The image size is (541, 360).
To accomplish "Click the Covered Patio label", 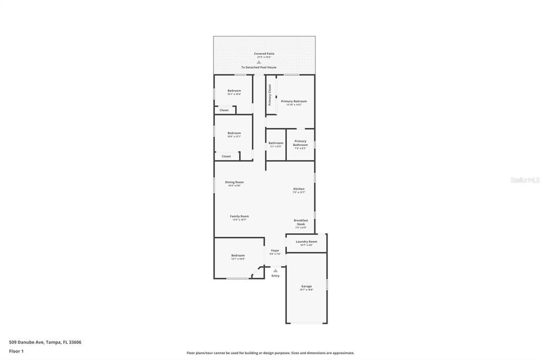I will pyautogui.click(x=264, y=53).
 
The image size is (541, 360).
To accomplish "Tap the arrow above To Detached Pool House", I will pyautogui.click(x=259, y=62).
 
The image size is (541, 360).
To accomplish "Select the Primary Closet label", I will pyautogui.click(x=270, y=95).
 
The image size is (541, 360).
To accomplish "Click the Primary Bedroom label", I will pyautogui.click(x=294, y=101).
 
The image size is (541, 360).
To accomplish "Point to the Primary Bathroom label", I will pyautogui.click(x=300, y=143).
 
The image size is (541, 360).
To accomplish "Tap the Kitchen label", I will pyautogui.click(x=299, y=189).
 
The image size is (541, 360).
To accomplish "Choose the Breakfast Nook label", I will pyautogui.click(x=301, y=222).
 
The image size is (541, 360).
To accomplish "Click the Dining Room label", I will pyautogui.click(x=235, y=182).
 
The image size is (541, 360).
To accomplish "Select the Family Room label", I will pyautogui.click(x=239, y=216).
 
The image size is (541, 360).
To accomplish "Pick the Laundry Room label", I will pyautogui.click(x=306, y=242).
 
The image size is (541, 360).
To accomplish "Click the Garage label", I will pyautogui.click(x=306, y=286).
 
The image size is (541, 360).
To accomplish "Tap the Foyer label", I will pyautogui.click(x=275, y=251).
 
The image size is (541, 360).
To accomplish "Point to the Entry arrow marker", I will pyautogui.click(x=275, y=271).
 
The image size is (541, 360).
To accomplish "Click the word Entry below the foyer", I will pyautogui.click(x=275, y=276).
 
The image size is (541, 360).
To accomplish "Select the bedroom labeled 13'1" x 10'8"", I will pyautogui.click(x=238, y=256).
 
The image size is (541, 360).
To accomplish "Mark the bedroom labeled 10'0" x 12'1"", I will pyautogui.click(x=234, y=134).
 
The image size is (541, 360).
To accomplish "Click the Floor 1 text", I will pyautogui.click(x=16, y=351).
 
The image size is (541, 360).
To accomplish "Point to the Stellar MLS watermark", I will pyautogui.click(x=525, y=180).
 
